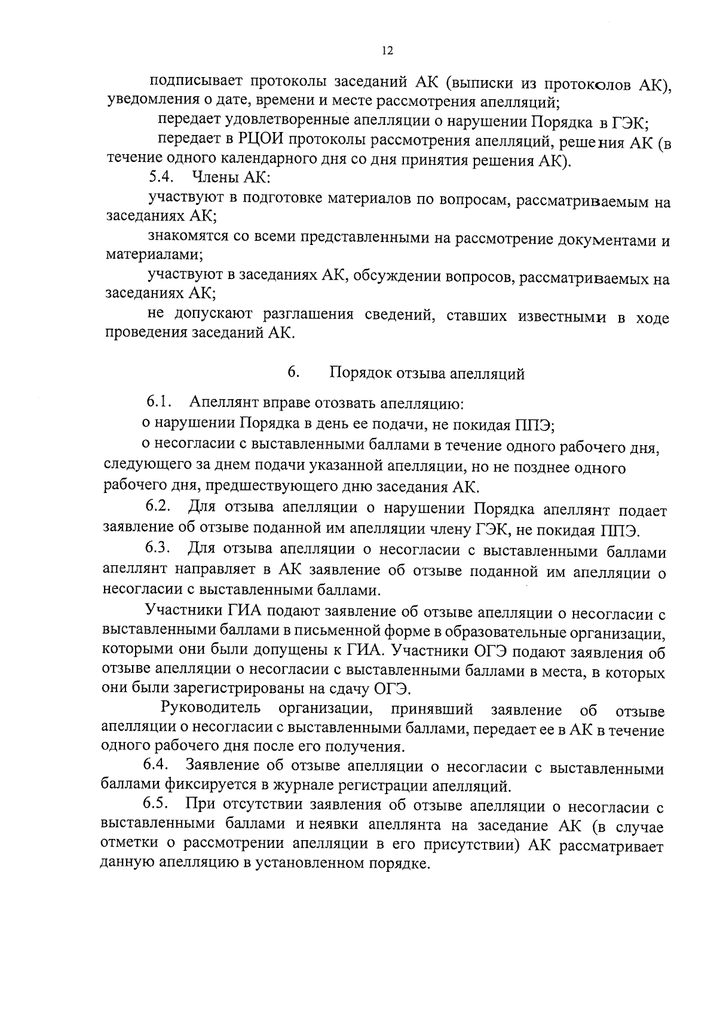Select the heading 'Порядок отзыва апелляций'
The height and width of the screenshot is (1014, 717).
tap(427, 374)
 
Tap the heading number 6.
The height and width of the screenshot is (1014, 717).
tap(293, 372)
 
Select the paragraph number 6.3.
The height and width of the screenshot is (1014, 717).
tap(159, 548)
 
